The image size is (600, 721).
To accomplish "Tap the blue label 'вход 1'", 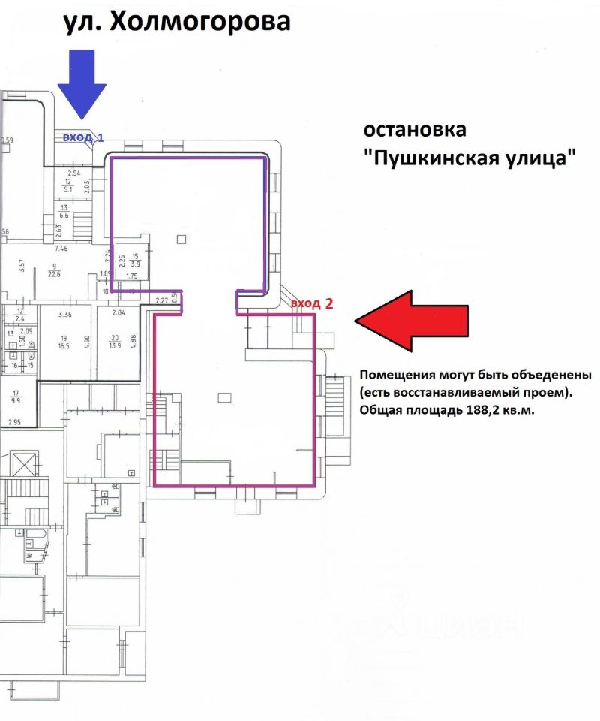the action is (x=83, y=137).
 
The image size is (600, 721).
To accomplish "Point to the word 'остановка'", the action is (x=415, y=129).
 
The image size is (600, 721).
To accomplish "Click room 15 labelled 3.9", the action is (x=134, y=259).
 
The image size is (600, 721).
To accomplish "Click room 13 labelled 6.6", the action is (x=63, y=210).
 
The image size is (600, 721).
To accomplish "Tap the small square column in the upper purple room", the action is (x=181, y=240).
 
